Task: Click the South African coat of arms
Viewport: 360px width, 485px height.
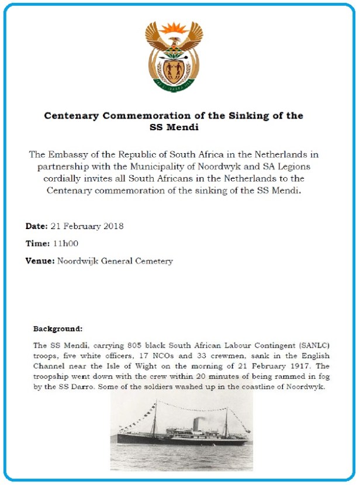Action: click(174, 57)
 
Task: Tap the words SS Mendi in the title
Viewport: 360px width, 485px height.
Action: click(174, 126)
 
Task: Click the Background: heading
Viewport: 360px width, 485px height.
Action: click(58, 329)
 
